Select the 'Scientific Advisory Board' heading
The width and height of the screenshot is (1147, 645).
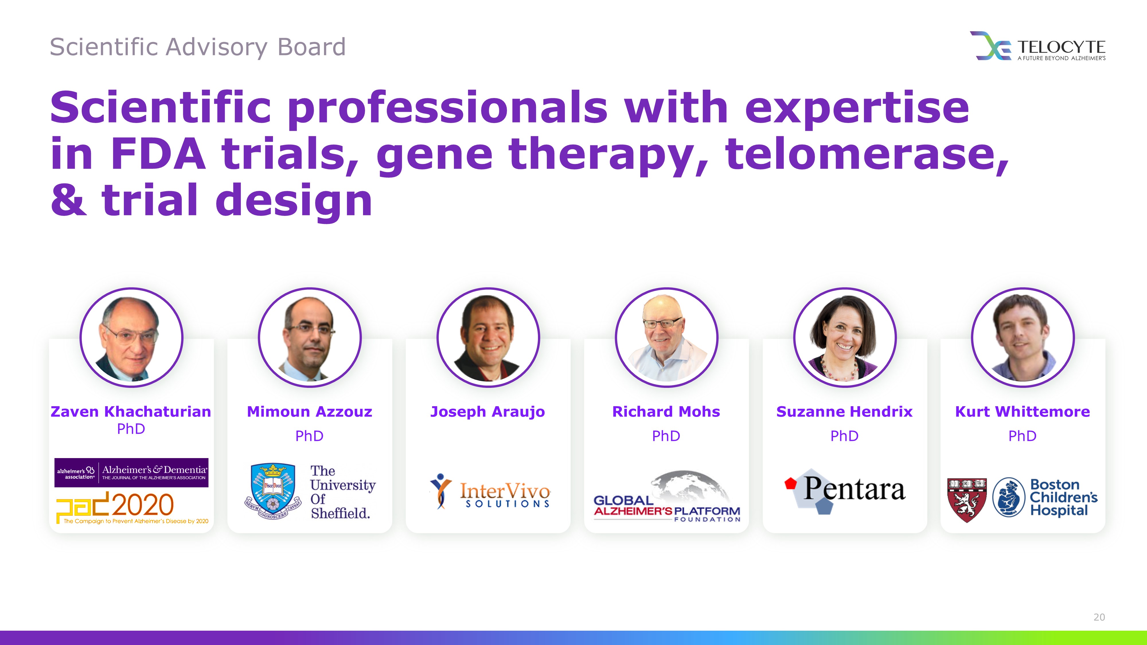tap(198, 47)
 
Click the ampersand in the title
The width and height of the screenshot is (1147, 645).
tap(69, 200)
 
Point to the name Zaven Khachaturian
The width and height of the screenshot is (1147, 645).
tap(131, 411)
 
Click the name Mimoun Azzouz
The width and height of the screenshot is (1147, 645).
tap(309, 411)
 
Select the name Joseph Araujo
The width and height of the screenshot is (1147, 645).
tap(487, 412)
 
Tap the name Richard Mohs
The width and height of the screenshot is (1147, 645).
tap(666, 411)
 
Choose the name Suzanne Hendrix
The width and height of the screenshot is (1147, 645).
tap(844, 411)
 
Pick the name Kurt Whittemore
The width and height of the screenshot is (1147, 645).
tap(1022, 411)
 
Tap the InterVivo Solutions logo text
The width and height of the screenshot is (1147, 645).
tap(505, 494)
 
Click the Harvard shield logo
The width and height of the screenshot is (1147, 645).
tap(967, 499)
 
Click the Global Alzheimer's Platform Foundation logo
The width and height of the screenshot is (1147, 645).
tap(667, 496)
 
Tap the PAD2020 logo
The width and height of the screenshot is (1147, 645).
tap(132, 507)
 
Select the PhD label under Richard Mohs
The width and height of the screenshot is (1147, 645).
tap(666, 436)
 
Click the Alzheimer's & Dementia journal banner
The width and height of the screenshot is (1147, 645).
tap(131, 473)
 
